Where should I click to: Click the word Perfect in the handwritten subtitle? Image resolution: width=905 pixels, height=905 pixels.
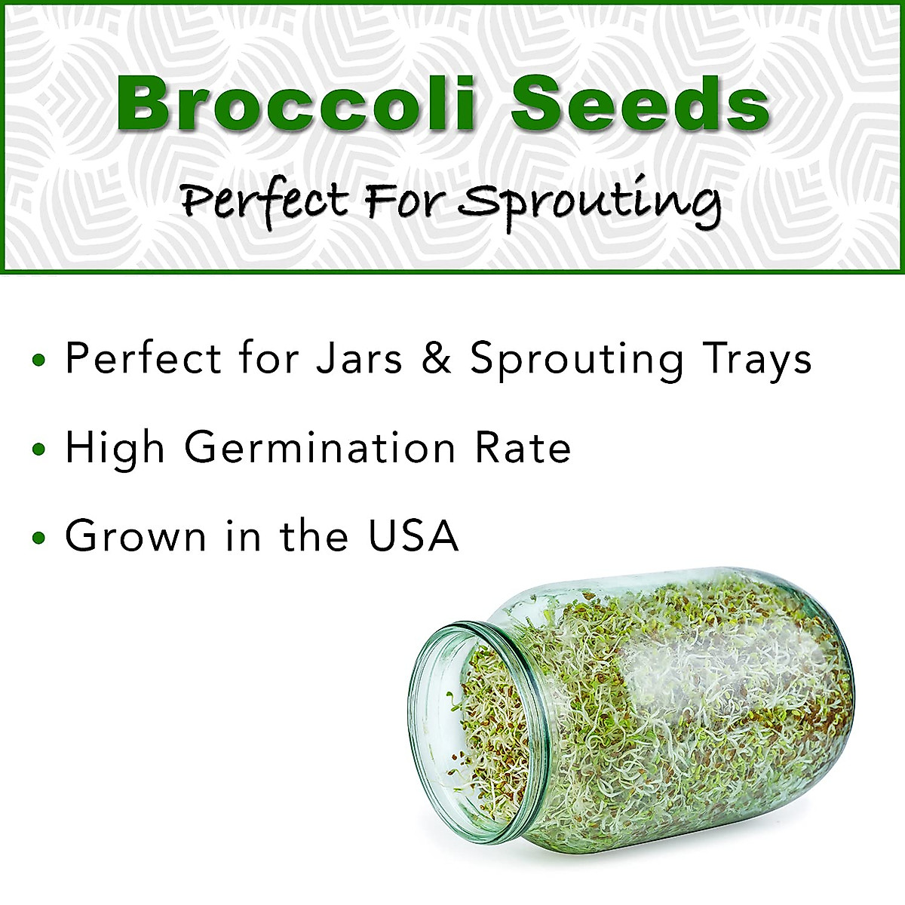click(265, 202)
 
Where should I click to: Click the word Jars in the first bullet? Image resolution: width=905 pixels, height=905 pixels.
click(359, 357)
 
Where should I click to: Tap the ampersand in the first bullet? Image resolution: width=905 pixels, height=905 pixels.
click(437, 357)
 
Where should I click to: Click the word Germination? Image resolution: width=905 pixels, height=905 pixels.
click(320, 448)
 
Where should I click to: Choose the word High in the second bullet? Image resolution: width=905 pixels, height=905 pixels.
click(115, 448)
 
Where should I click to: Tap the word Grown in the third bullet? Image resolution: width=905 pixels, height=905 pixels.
click(136, 536)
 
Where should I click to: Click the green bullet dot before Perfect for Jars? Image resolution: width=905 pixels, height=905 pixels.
click(39, 360)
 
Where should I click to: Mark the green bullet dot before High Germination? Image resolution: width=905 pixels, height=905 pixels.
click(39, 450)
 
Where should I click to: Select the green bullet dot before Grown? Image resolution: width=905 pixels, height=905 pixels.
click(39, 539)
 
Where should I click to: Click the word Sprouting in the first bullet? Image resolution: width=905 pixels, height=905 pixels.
click(577, 359)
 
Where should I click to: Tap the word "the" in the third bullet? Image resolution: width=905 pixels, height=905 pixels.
click(314, 536)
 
